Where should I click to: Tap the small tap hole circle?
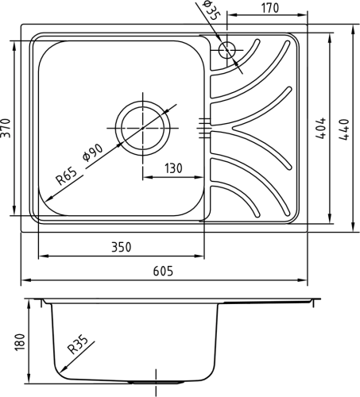(227, 50)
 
